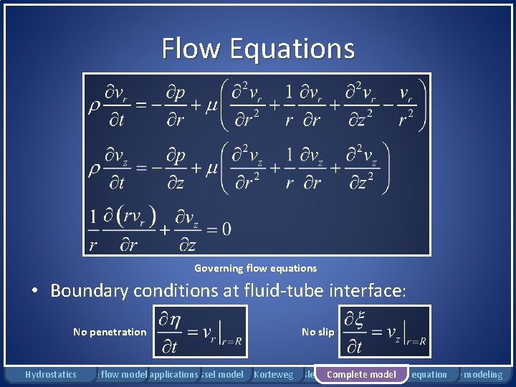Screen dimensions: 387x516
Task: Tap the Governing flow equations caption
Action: (x=255, y=268)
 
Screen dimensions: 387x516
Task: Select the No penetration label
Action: (x=110, y=332)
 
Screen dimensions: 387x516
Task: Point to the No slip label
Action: (x=317, y=332)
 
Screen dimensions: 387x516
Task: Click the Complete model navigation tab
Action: (x=361, y=374)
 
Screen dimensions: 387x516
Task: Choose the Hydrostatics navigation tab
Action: (x=50, y=374)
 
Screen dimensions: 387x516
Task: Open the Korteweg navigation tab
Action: (x=274, y=374)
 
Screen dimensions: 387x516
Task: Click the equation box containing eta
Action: (x=200, y=332)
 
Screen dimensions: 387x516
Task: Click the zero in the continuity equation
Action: (x=226, y=229)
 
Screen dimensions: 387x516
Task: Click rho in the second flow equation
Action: (x=93, y=169)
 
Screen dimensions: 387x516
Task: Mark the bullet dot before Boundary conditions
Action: (x=34, y=292)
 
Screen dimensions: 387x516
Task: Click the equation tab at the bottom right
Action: (x=430, y=374)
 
